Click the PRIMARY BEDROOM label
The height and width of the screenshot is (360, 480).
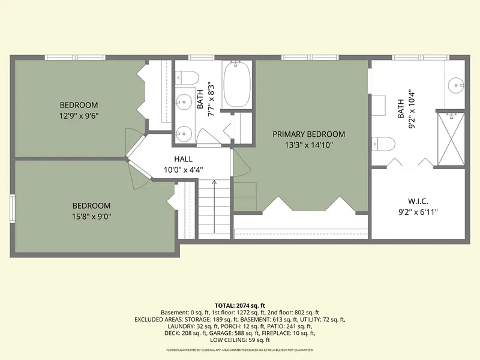[x=308, y=134]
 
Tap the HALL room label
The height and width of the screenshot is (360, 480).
[x=184, y=159]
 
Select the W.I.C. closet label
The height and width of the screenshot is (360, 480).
[x=418, y=202]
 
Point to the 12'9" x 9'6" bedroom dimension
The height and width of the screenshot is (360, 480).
[x=79, y=116]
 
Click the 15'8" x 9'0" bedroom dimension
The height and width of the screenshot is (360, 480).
[x=92, y=217]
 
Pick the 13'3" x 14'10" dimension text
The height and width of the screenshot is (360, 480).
[x=308, y=145]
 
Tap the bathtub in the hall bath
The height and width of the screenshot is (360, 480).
[x=237, y=84]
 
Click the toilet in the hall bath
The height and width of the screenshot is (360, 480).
[x=187, y=78]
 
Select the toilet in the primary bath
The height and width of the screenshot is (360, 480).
[x=383, y=143]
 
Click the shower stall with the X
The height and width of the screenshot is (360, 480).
[x=451, y=139]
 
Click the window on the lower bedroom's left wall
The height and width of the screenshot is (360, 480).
[x=12, y=209]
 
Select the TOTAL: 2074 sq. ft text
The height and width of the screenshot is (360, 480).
[x=240, y=305]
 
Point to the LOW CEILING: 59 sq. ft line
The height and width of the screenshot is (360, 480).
[x=240, y=340]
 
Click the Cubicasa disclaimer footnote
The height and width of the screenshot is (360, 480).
[x=240, y=350]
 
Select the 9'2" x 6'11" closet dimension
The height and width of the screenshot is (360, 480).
[x=418, y=212]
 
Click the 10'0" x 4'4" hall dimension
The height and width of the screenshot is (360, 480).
[x=184, y=170]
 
